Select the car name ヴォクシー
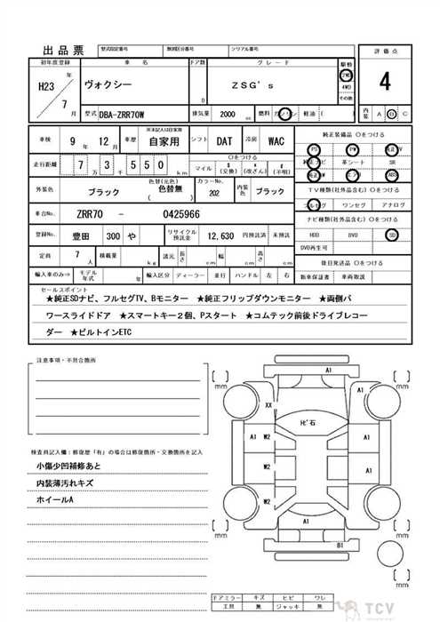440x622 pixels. tap(106, 90)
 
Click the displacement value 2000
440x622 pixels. tap(228, 115)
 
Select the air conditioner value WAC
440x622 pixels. tap(276, 141)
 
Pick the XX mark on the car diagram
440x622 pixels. tap(268, 405)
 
